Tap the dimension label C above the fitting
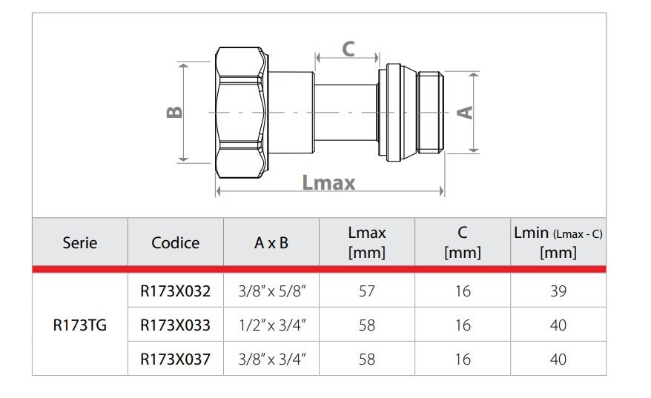point(348,49)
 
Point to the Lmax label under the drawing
point(328,182)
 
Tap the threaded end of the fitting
point(431,112)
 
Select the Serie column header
point(79,242)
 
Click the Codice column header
point(175,242)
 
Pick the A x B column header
point(271,242)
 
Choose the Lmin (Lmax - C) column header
point(558,242)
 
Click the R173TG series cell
point(79,325)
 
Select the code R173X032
point(175,291)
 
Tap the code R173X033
point(175,325)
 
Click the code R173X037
point(175,359)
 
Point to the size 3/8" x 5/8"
point(271,291)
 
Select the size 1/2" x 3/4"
point(271,325)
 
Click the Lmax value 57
point(366,291)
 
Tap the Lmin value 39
point(558,291)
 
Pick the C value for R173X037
point(462,359)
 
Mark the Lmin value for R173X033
point(558,325)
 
